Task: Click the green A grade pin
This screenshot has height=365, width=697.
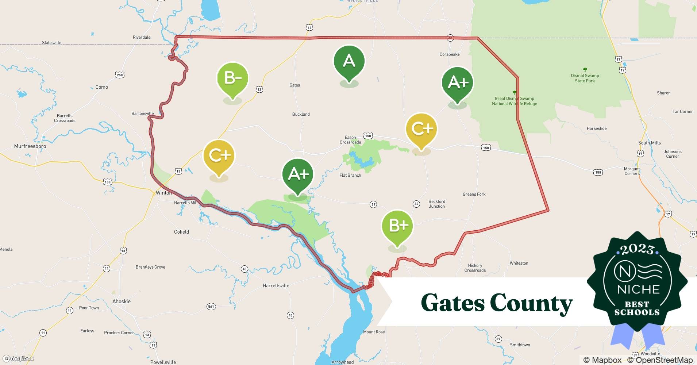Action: [x=349, y=61]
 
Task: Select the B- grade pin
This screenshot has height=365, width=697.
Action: [x=232, y=78]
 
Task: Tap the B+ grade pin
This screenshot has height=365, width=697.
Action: [x=397, y=226]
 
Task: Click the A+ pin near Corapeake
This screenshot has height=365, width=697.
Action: [x=457, y=83]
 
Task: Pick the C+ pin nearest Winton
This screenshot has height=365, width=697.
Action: [x=219, y=156]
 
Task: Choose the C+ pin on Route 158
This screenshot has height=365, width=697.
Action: [x=421, y=129]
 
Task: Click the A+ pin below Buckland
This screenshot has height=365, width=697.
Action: [x=298, y=174]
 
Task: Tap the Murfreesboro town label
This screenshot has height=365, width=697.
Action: [x=30, y=146]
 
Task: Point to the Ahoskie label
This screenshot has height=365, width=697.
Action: [x=122, y=301]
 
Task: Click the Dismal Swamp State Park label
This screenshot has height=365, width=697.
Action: [x=585, y=78]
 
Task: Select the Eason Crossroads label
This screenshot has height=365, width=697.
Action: [x=350, y=140]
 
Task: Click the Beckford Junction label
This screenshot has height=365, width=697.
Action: [x=437, y=204]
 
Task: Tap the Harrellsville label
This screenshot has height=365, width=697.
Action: [x=276, y=286]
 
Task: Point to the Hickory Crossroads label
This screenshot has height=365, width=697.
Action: [x=475, y=268]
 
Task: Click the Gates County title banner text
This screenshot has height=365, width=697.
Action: [x=496, y=303]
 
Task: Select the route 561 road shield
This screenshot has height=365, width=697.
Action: [x=211, y=307]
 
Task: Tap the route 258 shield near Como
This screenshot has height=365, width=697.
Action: [x=120, y=75]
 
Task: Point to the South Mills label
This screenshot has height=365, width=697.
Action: [x=649, y=143]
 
